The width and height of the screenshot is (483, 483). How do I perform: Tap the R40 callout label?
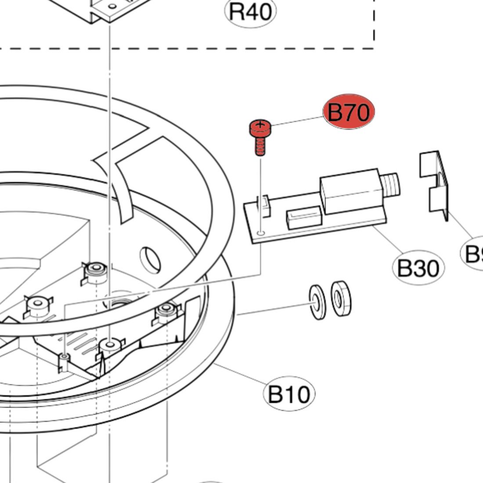251,11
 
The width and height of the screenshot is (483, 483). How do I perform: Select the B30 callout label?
418,268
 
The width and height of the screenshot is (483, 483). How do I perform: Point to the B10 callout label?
289,394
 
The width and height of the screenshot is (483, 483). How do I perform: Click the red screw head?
260,128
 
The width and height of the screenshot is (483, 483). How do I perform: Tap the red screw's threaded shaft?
260,145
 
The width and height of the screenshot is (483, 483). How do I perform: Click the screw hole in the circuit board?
262,233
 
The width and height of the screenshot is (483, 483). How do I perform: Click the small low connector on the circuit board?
302,218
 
